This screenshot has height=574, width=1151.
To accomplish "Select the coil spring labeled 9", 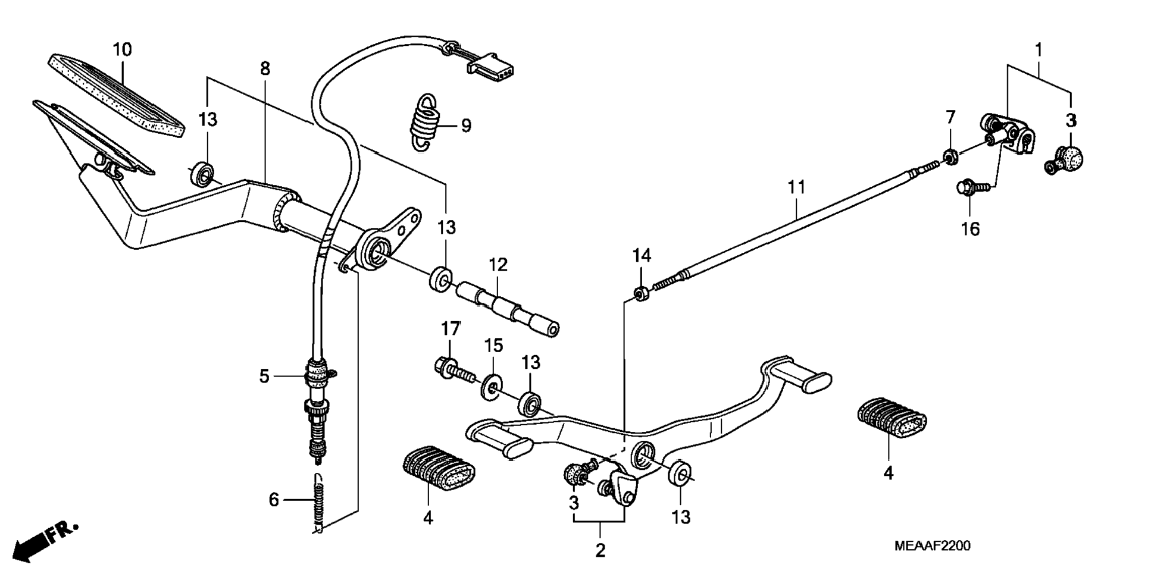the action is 425,123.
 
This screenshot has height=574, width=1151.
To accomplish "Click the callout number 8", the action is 265,69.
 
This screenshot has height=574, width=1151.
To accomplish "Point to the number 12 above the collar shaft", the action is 498,265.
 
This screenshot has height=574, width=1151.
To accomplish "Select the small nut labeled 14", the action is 640,294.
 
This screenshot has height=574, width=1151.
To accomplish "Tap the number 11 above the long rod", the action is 796,187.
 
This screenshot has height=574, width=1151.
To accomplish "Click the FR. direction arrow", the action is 45,541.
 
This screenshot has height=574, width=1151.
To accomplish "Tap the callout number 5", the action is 264,376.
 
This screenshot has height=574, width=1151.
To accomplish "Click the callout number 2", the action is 600,550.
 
